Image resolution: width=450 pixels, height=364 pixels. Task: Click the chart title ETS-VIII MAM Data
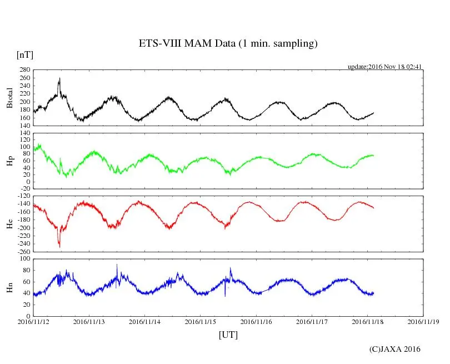[228, 44]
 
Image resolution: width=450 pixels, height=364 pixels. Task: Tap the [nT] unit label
[25, 54]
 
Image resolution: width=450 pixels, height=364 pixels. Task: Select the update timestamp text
[385, 67]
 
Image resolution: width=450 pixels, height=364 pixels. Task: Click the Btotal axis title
[9, 98]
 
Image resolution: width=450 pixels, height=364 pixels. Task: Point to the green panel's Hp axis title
[9, 161]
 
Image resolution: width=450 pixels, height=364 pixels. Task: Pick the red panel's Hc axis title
[9, 223]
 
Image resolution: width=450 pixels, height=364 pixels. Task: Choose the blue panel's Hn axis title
[9, 287]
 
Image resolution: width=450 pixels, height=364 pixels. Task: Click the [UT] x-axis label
[228, 335]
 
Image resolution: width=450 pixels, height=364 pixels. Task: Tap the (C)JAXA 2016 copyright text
[394, 349]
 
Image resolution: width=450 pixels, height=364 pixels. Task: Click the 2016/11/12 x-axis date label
[33, 321]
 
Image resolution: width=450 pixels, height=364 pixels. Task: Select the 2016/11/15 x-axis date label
[201, 321]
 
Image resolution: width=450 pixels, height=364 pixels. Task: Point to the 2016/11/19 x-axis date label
[423, 321]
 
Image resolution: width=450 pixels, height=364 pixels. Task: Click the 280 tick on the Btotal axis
[24, 70]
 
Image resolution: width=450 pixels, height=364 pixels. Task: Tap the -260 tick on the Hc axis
[23, 251]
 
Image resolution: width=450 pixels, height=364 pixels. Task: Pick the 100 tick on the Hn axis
[24, 258]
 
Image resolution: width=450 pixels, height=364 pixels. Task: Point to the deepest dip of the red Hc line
[59, 247]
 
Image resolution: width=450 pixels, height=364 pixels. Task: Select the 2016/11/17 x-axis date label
[312, 321]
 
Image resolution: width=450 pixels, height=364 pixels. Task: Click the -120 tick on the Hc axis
[23, 197]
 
